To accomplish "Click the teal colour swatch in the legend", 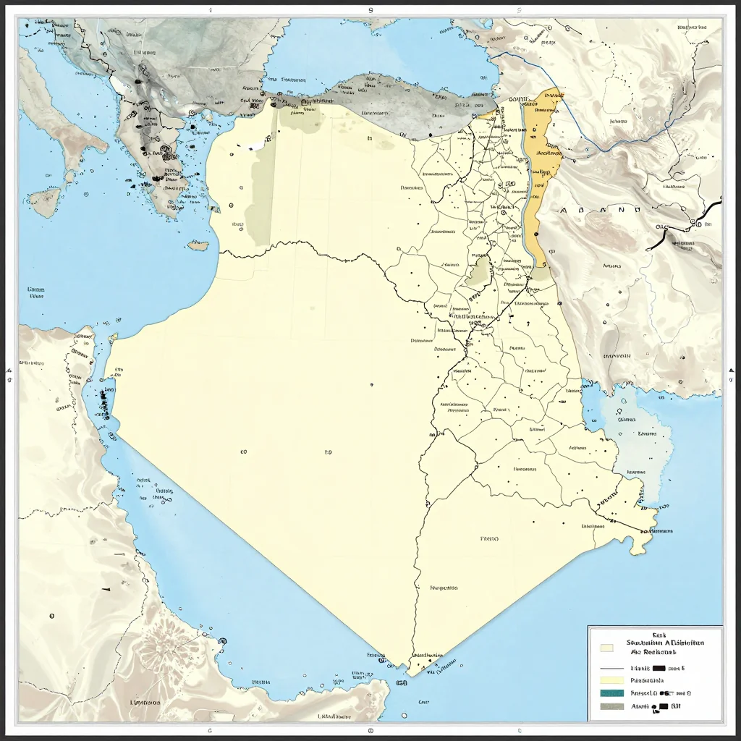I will click(x=611, y=693).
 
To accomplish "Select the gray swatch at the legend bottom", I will click(x=611, y=707).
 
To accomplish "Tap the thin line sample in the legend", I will click(x=611, y=668).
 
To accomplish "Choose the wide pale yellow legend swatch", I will click(x=611, y=680).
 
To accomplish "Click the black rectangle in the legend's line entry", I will click(x=659, y=668).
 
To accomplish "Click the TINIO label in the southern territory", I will click(x=490, y=538).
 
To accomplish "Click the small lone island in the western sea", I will click(x=198, y=245).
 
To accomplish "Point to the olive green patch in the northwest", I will click(x=261, y=188).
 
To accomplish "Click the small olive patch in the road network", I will click(x=478, y=271).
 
